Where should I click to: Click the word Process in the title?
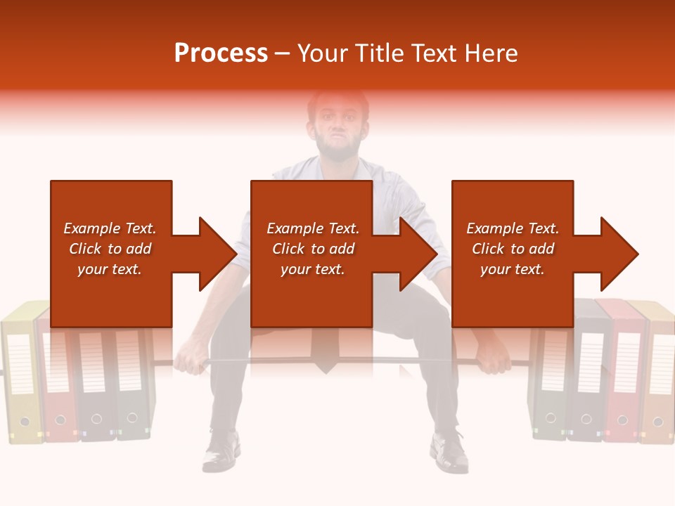tap(221, 53)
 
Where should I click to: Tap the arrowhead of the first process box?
tap(218, 254)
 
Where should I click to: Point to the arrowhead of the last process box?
tap(619, 254)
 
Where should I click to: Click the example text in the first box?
tap(110, 249)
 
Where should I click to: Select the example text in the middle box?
tap(313, 249)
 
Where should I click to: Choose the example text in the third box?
tap(513, 249)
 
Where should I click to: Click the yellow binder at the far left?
tap(21, 379)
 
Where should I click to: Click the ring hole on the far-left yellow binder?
tap(25, 422)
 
